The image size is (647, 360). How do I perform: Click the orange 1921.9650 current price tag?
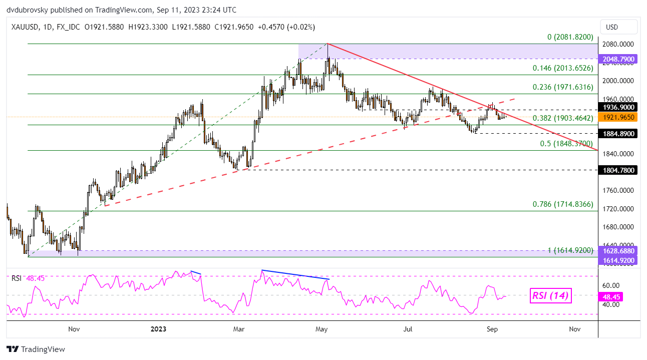618,117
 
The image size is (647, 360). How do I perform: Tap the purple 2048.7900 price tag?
618,59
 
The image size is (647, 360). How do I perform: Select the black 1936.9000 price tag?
618,107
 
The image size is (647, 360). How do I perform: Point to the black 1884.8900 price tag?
618,134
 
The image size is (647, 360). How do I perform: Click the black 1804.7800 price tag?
618,170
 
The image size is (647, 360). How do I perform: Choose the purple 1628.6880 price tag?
618,250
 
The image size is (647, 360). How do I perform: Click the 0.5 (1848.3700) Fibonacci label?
566,144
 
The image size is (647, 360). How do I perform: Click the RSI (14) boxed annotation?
549,296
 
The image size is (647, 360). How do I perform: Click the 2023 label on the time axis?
158,329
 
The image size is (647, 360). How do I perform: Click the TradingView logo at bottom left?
36,349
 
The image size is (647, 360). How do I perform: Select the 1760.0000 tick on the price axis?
618,190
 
